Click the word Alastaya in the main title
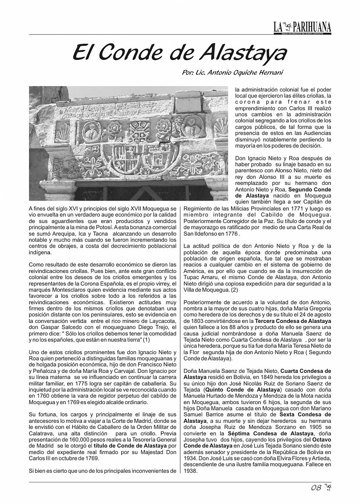coord(243,53)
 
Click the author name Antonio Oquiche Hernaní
coord(242,73)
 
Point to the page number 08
coord(316,488)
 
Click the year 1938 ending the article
coord(190,471)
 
